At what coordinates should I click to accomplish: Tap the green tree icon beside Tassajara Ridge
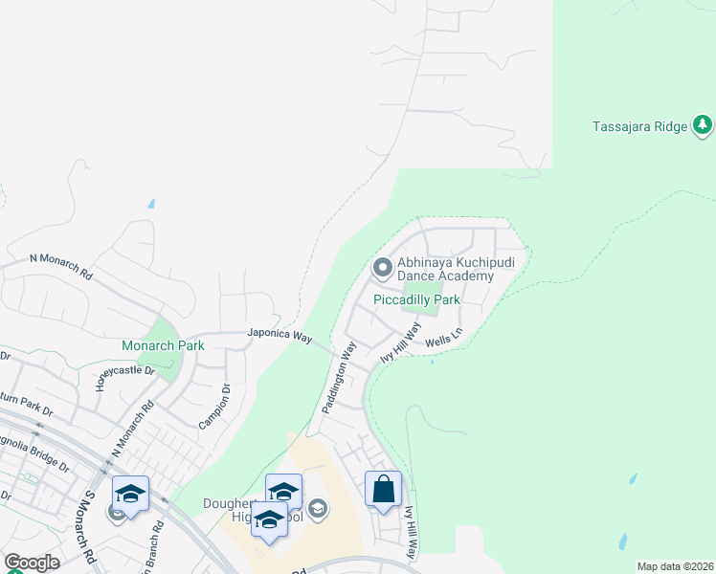coord(704,124)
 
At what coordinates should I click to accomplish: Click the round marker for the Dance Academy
coord(383,269)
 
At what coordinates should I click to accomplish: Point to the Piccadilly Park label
coord(416,299)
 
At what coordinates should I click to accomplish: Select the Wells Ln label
coord(443,339)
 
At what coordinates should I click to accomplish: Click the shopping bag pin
coord(383,490)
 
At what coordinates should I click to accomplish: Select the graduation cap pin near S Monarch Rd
coord(130,494)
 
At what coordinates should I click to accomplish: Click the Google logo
coord(32,563)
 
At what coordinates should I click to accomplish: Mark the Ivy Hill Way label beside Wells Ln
coord(401,342)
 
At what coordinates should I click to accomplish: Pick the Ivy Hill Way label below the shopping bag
coord(411,532)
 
